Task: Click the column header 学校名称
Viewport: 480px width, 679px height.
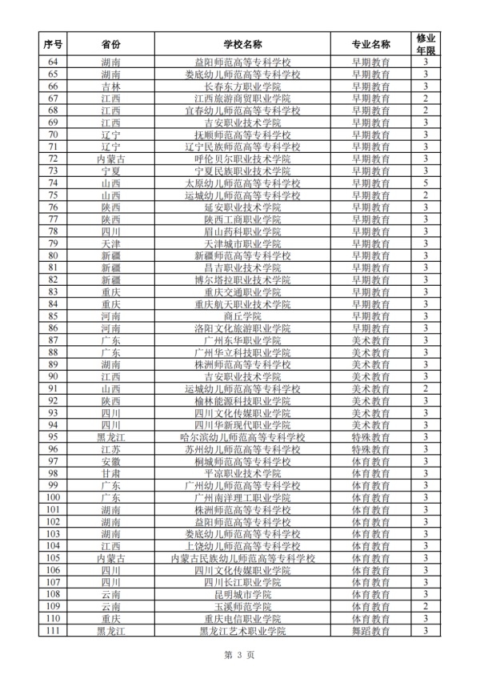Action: (243, 43)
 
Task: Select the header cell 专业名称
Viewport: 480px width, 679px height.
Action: (371, 43)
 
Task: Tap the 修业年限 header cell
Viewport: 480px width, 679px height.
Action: (426, 43)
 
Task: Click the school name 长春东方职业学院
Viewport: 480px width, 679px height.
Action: (243, 86)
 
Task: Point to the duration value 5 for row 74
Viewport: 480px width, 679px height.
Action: (426, 183)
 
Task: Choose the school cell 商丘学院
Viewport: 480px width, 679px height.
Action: (243, 316)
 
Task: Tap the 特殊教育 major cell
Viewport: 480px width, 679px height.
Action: (371, 437)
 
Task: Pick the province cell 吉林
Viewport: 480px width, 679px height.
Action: (111, 86)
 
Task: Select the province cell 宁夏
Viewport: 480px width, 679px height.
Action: (111, 171)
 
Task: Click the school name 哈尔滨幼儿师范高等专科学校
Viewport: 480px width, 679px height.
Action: (243, 437)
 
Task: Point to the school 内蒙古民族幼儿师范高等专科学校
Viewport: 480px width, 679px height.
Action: (243, 558)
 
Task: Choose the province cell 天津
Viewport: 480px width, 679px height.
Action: (111, 243)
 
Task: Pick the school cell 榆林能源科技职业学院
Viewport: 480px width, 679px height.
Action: (243, 401)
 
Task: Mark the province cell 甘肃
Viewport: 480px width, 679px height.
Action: (111, 473)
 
